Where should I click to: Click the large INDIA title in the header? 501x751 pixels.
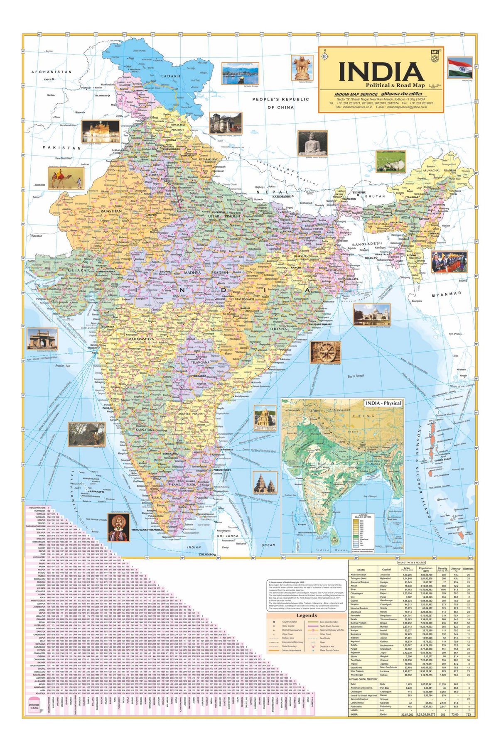(381, 71)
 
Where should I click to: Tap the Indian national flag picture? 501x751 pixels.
(460, 68)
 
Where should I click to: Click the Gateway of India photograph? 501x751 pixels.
(42, 339)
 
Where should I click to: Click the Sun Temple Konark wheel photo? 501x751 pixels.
(325, 352)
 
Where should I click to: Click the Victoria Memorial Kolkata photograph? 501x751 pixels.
(372, 314)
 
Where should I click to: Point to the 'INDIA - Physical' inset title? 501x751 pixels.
(383, 403)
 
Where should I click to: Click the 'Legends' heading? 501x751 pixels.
(307, 616)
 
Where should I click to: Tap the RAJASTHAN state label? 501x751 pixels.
(111, 211)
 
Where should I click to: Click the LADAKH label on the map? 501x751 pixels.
(171, 76)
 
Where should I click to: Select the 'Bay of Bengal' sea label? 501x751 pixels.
(356, 376)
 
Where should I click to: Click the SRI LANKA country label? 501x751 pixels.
(228, 536)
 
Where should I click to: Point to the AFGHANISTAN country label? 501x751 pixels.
(51, 72)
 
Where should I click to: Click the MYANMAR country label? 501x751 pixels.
(446, 294)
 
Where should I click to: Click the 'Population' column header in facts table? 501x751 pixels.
(425, 569)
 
